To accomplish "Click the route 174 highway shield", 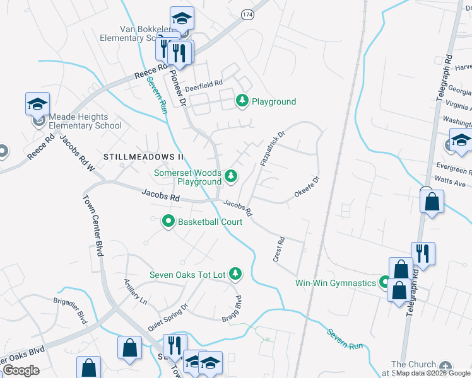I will click(246, 14).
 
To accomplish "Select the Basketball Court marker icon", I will click(168, 221).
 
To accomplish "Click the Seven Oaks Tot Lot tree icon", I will click(235, 273).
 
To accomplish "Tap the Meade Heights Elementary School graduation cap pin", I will click(37, 104).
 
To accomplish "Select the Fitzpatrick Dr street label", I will click(273, 149).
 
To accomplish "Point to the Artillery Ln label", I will click(135, 292).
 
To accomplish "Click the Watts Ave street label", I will click(452, 184).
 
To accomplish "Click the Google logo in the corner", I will click(21, 370).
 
